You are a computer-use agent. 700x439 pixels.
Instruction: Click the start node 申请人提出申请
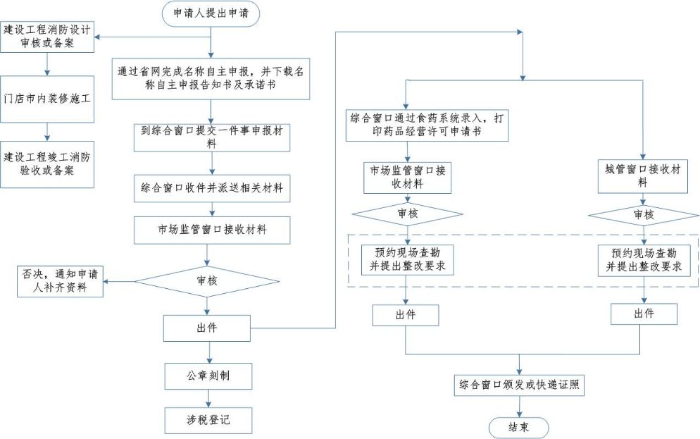pos(210,13)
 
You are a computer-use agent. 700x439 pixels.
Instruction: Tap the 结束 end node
pos(518,426)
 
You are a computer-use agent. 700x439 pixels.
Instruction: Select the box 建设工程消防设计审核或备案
pos(48,37)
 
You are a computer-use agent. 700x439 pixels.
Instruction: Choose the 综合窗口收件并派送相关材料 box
pos(211,188)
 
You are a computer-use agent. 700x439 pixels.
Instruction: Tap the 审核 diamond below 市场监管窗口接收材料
pos(206,280)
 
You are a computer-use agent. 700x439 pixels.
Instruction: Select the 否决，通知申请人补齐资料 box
pos(61,280)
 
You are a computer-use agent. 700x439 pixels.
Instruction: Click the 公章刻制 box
pos(208,376)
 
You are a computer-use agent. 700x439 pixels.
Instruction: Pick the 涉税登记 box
pos(208,420)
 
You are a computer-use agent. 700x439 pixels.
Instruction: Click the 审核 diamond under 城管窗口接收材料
pos(643,214)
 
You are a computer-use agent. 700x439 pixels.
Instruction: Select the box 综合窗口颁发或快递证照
pos(520,385)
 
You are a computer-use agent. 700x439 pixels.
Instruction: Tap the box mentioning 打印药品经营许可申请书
pos(427,125)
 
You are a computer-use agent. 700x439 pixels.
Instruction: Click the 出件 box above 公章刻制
pos(207,328)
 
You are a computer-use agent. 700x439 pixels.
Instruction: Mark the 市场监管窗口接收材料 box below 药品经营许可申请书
pos(406,177)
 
